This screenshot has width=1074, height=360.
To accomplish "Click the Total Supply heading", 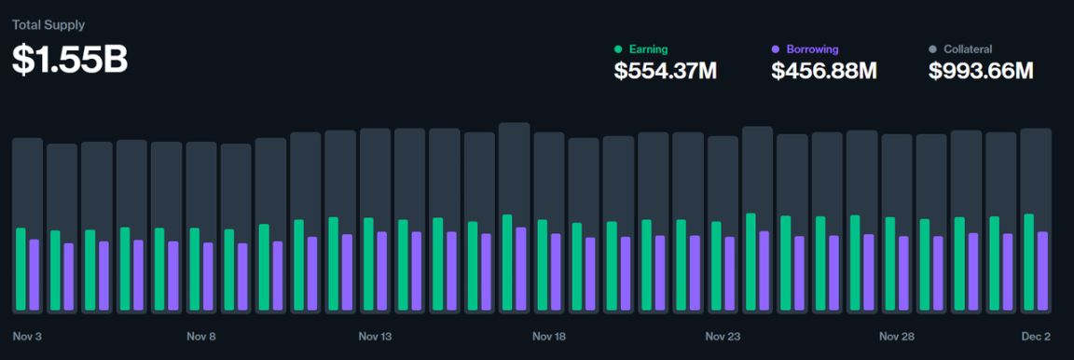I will click(x=48, y=25).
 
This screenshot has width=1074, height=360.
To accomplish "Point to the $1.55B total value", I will click(x=70, y=59).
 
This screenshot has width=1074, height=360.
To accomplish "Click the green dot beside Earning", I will click(x=618, y=48).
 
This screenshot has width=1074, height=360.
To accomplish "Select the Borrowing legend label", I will click(x=812, y=48).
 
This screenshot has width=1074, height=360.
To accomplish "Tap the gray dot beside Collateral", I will click(x=932, y=48).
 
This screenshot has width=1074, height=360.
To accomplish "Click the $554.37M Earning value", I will click(x=665, y=70).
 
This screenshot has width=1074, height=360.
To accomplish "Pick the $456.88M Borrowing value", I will click(x=823, y=70).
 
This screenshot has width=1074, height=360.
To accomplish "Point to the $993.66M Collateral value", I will click(x=981, y=70).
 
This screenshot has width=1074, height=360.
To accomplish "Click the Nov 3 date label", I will click(x=28, y=336).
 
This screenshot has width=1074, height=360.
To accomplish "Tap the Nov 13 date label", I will click(x=375, y=336).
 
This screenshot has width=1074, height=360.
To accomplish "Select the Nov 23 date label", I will click(x=723, y=336).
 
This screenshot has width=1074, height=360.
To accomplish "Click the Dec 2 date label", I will click(x=1035, y=336).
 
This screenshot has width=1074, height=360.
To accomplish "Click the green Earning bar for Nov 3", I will click(x=21, y=270).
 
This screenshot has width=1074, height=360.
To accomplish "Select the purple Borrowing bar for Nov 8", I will click(x=208, y=277).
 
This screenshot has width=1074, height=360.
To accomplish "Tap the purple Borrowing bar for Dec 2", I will click(x=1042, y=271).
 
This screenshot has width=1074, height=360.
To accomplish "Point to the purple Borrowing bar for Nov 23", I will click(x=729, y=274).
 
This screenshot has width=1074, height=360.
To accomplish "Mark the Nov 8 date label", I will click(x=201, y=336).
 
